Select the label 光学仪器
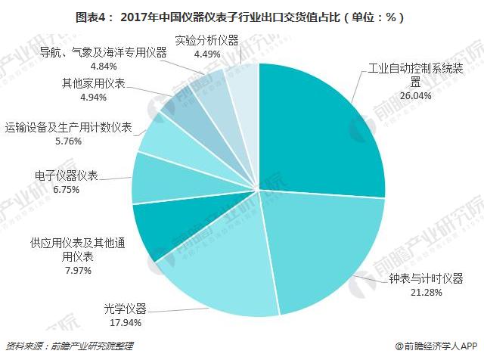coord(125,309)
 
